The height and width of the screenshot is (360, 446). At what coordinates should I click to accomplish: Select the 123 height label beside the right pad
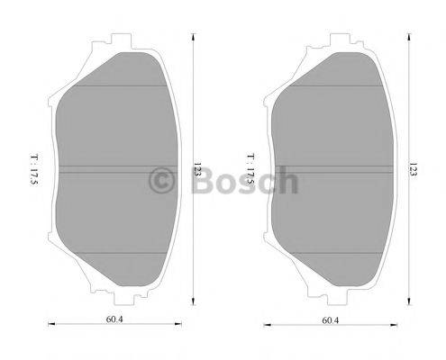point(412,168)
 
